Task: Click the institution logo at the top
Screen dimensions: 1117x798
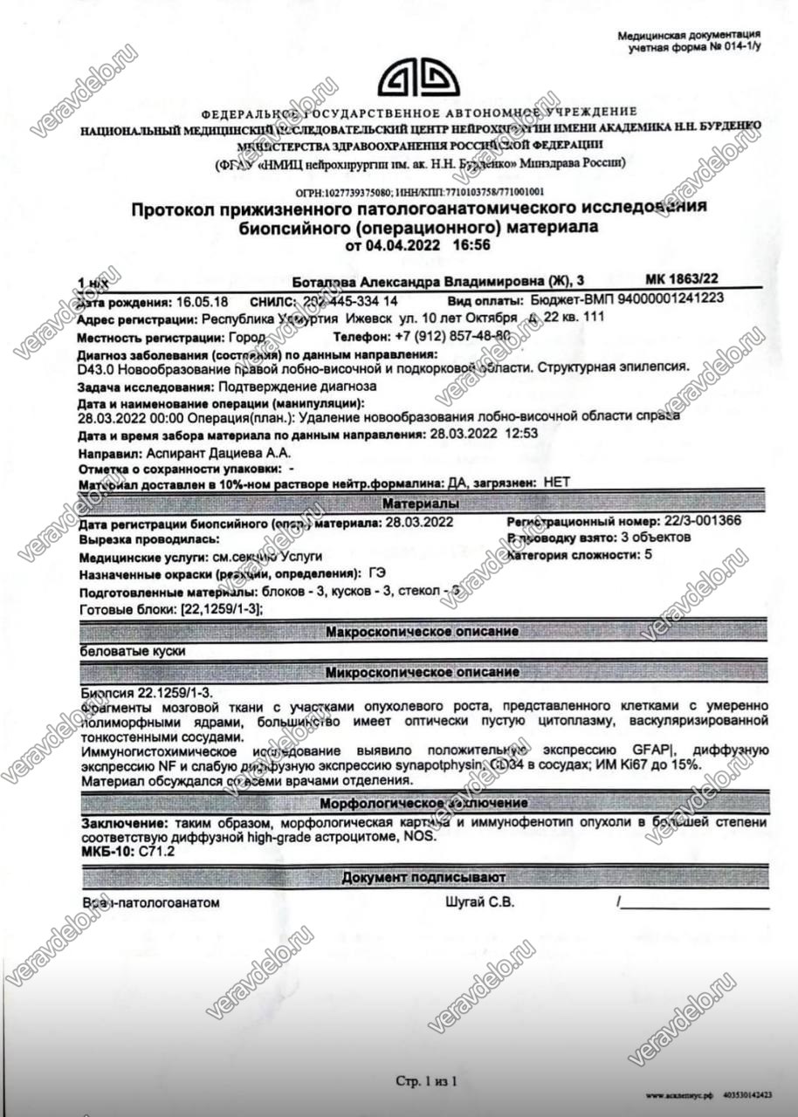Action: coord(418,79)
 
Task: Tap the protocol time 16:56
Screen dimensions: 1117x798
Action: coord(471,245)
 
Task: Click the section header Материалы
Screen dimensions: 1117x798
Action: coord(417,504)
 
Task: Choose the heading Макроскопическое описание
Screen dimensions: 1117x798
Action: coord(422,631)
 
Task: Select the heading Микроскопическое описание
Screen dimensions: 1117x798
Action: coord(422,673)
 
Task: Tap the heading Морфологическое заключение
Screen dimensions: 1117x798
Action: coord(423,803)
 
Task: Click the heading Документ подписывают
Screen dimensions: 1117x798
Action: coord(423,877)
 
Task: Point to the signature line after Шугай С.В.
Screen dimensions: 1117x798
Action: coord(694,906)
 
